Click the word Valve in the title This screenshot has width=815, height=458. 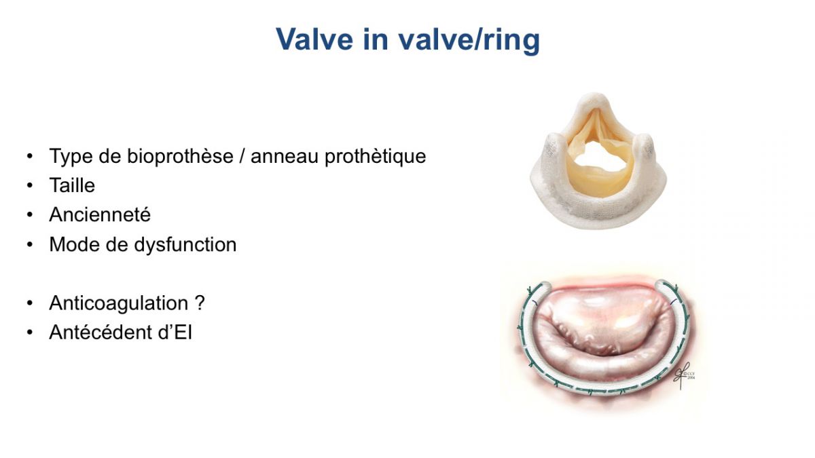[314, 39]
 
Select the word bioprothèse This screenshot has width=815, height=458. [180, 156]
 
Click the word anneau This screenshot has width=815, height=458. [285, 157]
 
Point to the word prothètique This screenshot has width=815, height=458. [375, 156]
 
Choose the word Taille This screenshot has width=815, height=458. [72, 185]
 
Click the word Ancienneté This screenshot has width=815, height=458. [100, 214]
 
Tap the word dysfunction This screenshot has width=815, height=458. [185, 244]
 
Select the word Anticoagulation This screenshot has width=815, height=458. [119, 303]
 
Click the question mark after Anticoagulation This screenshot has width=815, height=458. [200, 303]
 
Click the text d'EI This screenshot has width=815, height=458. [175, 332]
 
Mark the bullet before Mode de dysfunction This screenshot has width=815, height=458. [30, 245]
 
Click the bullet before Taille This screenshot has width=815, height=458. [30, 186]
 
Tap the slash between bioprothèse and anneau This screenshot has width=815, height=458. [242, 156]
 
